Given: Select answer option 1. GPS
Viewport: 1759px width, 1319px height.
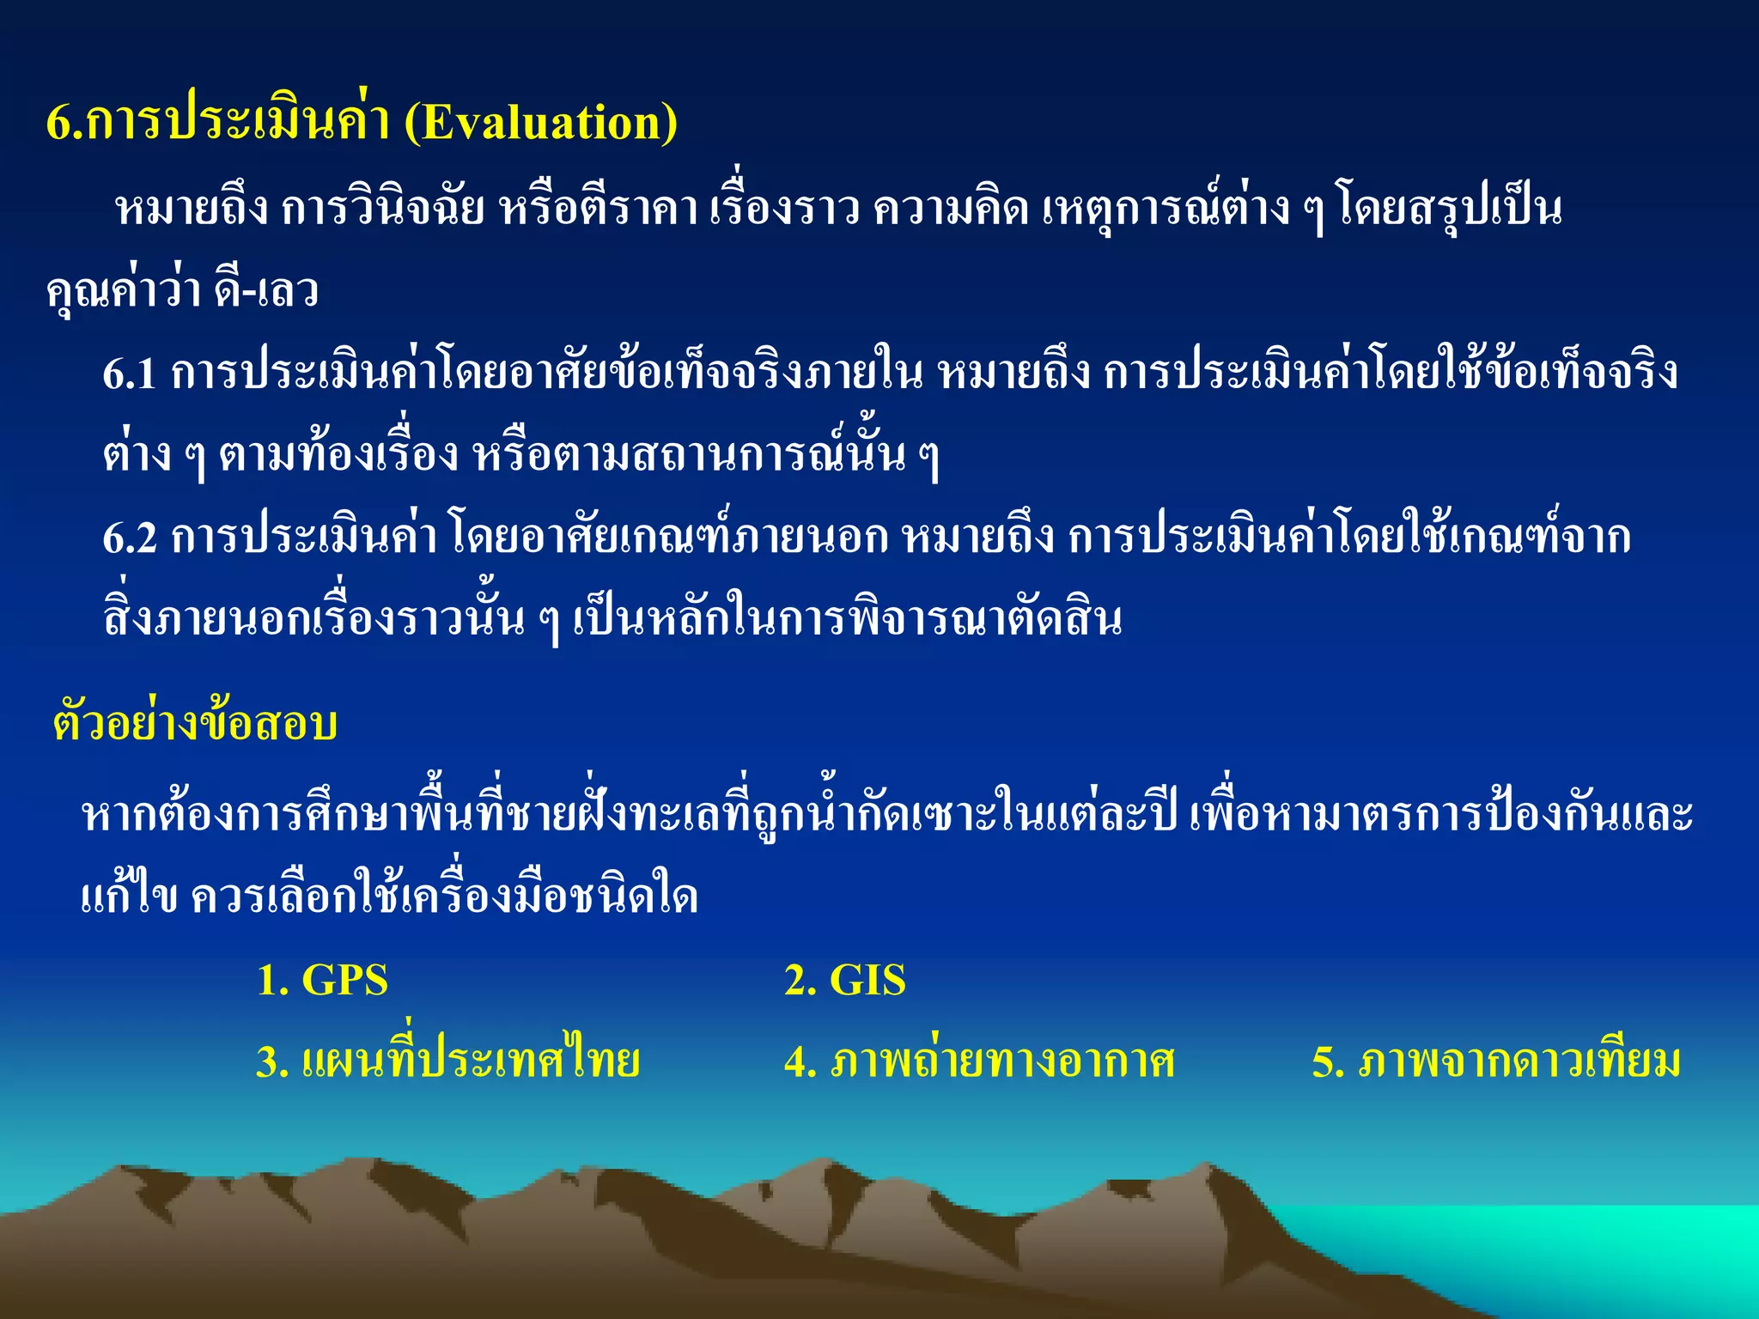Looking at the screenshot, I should pyautogui.click(x=323, y=980).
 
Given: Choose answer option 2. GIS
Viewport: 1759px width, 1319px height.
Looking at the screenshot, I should pyautogui.click(x=844, y=980).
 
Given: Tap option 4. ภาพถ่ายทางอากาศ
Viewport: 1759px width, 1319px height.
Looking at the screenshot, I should pyautogui.click(x=979, y=1061).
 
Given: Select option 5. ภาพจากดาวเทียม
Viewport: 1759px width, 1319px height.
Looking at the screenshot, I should pyautogui.click(x=1495, y=1061).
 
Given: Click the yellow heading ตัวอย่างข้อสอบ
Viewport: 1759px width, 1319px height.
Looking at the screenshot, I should pyautogui.click(x=195, y=723).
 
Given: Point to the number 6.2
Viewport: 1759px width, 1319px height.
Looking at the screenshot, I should pyautogui.click(x=130, y=538).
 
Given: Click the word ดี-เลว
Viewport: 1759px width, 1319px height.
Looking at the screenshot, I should pyautogui.click(x=267, y=291).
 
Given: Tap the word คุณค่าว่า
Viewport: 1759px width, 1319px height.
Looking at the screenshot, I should pyautogui.click(x=124, y=291).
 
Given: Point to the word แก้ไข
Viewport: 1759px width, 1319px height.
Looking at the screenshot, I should pyautogui.click(x=130, y=897).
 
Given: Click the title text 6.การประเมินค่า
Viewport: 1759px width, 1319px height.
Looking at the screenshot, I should pyautogui.click(x=219, y=123).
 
